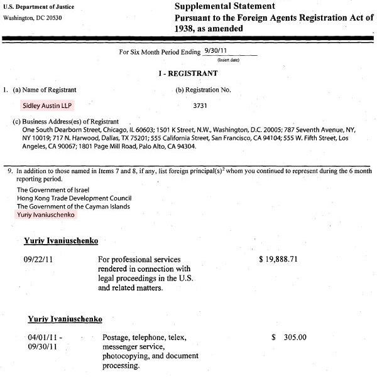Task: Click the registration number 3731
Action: tap(201, 107)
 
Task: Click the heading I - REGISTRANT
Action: tap(188, 74)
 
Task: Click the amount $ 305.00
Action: tap(289, 337)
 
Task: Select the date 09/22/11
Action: tap(40, 259)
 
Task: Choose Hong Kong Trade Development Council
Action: tap(68, 198)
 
